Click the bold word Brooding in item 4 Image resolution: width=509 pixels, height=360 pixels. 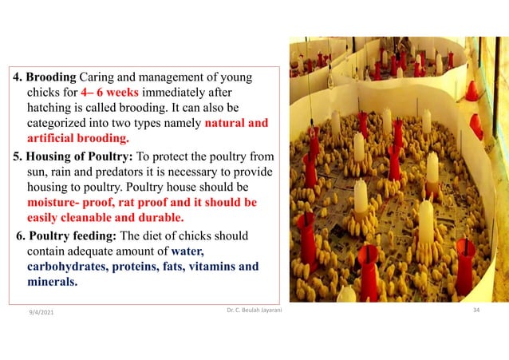(x=49, y=78)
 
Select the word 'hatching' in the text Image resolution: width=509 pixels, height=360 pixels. (x=52, y=108)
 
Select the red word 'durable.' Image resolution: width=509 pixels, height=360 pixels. (x=157, y=216)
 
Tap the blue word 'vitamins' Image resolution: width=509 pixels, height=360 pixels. (x=211, y=267)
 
